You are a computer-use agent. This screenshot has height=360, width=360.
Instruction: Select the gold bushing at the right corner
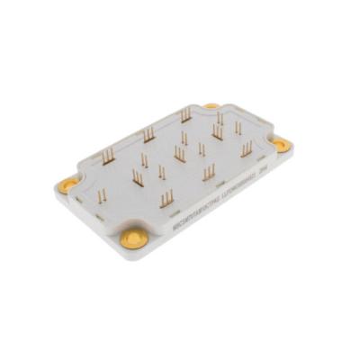282,142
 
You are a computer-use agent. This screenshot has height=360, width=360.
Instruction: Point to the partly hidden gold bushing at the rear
211,106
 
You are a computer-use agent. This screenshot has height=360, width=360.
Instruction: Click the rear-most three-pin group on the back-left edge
185,115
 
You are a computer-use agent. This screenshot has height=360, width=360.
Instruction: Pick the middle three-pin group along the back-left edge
148,135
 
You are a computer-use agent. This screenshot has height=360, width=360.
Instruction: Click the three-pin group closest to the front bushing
166,198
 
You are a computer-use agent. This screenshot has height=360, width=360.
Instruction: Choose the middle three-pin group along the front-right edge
208,172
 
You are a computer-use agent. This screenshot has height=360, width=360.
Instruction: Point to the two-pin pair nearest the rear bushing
219,118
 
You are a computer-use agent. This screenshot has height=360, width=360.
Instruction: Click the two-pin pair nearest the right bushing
238,129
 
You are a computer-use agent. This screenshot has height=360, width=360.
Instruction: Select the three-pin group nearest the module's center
179,154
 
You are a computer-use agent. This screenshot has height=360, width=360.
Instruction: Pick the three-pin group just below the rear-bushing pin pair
217,134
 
